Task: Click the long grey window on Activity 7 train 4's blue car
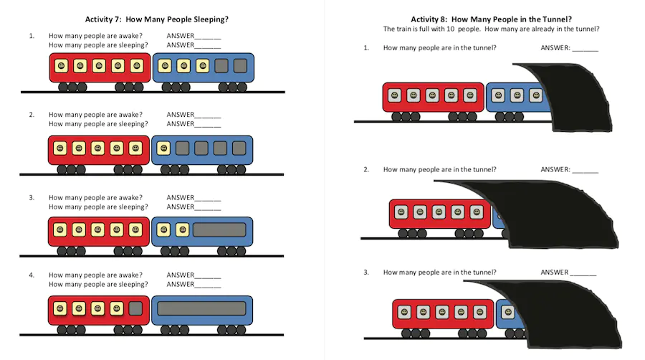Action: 201,308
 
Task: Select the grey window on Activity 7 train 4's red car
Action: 135,308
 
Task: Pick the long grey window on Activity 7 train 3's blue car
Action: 219,230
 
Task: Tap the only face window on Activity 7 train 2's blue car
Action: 163,148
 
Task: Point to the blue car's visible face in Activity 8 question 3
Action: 508,312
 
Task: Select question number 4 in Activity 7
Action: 32,275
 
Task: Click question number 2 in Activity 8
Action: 366,169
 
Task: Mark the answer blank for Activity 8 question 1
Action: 586,49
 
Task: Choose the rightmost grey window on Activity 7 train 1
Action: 240,66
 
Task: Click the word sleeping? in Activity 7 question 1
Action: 133,45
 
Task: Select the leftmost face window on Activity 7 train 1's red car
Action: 62,66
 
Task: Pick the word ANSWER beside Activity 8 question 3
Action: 555,273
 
